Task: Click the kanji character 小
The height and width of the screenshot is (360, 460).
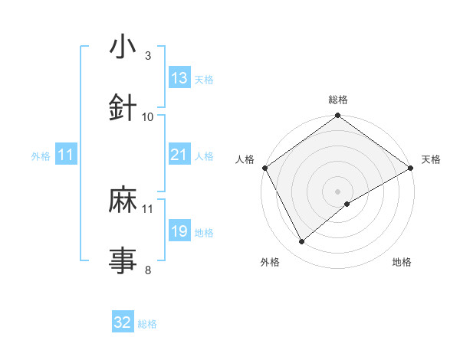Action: click(x=123, y=48)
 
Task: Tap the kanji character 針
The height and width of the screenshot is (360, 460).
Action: click(x=123, y=108)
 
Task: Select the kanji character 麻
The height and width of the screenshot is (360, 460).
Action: click(x=123, y=200)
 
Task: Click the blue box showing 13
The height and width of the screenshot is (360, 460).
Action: click(x=179, y=78)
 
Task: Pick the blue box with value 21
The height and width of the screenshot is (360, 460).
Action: click(x=179, y=155)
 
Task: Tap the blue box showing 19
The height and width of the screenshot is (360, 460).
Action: click(x=179, y=231)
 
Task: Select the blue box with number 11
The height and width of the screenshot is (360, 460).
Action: click(x=66, y=155)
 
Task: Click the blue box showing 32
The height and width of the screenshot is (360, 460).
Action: click(x=123, y=322)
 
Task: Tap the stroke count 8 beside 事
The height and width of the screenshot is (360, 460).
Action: click(x=147, y=270)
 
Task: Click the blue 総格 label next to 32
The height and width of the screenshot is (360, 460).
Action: click(x=147, y=324)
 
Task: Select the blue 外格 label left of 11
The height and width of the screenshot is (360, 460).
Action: click(x=41, y=155)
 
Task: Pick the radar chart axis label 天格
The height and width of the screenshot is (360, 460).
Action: click(x=431, y=159)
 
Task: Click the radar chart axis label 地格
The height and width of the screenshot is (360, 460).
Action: click(x=402, y=262)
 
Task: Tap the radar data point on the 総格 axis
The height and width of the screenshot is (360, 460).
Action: click(x=337, y=116)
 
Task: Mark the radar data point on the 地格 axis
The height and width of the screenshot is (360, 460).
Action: click(x=347, y=204)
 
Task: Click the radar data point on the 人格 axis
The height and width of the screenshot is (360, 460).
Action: click(x=264, y=167)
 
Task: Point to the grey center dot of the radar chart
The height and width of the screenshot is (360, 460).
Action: click(x=337, y=191)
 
